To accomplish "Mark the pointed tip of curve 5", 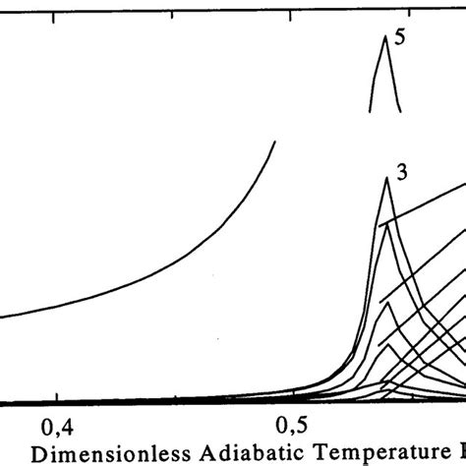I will tap(384, 36).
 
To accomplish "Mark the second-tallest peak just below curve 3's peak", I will tap(389, 223).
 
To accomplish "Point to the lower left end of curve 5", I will tap(371, 109).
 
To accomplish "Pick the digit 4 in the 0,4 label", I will tap(70, 426).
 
